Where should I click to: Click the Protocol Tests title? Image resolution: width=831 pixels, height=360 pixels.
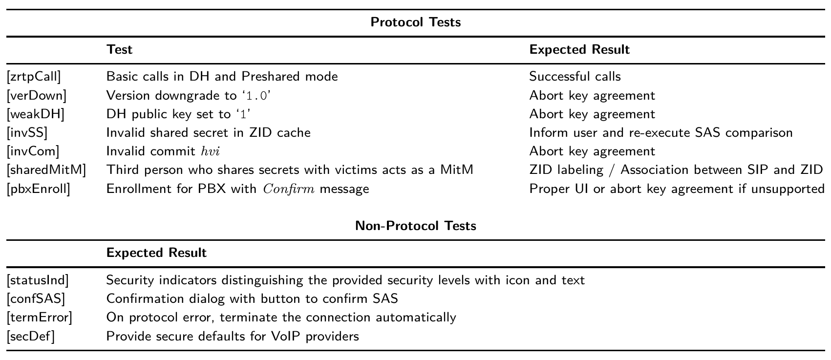pyautogui.click(x=415, y=22)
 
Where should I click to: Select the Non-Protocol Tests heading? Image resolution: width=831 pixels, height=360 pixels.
pyautogui.click(x=415, y=226)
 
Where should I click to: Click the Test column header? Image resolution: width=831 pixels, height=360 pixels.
pyautogui.click(x=119, y=50)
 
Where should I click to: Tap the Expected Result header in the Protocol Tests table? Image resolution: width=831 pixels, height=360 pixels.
pyautogui.click(x=579, y=50)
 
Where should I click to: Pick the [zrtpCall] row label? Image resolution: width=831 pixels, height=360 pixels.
pyautogui.click(x=34, y=77)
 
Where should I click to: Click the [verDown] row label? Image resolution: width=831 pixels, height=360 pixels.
pyautogui.click(x=36, y=96)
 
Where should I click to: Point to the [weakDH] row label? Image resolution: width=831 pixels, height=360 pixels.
pyautogui.click(x=36, y=114)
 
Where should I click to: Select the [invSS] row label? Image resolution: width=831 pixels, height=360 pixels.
pyautogui.click(x=27, y=133)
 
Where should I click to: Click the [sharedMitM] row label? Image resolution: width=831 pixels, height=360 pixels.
pyautogui.click(x=46, y=170)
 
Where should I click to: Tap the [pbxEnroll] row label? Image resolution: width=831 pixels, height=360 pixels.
pyautogui.click(x=38, y=189)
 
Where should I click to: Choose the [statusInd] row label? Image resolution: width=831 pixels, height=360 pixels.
pyautogui.click(x=38, y=280)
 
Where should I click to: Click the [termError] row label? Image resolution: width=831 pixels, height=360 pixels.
pyautogui.click(x=39, y=318)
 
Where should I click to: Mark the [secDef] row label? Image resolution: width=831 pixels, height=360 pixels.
pyautogui.click(x=31, y=337)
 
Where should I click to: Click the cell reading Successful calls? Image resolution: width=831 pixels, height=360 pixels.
pyautogui.click(x=575, y=77)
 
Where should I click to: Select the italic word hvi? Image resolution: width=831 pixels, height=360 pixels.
pyautogui.click(x=211, y=151)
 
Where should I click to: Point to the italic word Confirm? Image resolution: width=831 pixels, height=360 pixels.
pyautogui.click(x=289, y=189)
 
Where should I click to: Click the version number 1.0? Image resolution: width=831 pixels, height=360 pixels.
pyautogui.click(x=256, y=96)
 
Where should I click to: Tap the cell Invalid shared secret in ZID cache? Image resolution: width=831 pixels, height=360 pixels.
pyautogui.click(x=209, y=133)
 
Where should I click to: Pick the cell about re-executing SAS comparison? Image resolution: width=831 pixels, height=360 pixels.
pyautogui.click(x=661, y=133)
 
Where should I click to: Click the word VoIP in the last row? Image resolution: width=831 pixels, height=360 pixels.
pyautogui.click(x=291, y=337)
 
